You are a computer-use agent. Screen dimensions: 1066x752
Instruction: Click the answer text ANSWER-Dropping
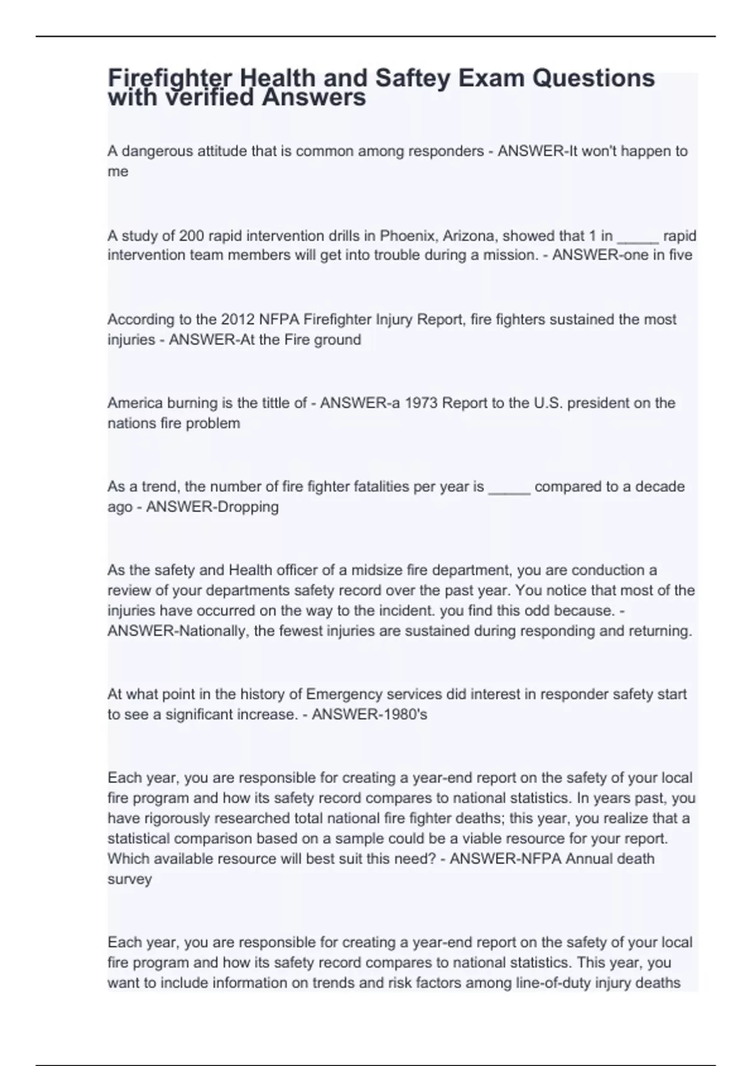click(x=212, y=507)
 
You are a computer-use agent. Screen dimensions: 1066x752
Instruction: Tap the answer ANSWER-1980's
click(x=369, y=714)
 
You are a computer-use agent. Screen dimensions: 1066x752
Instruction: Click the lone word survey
click(x=130, y=879)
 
